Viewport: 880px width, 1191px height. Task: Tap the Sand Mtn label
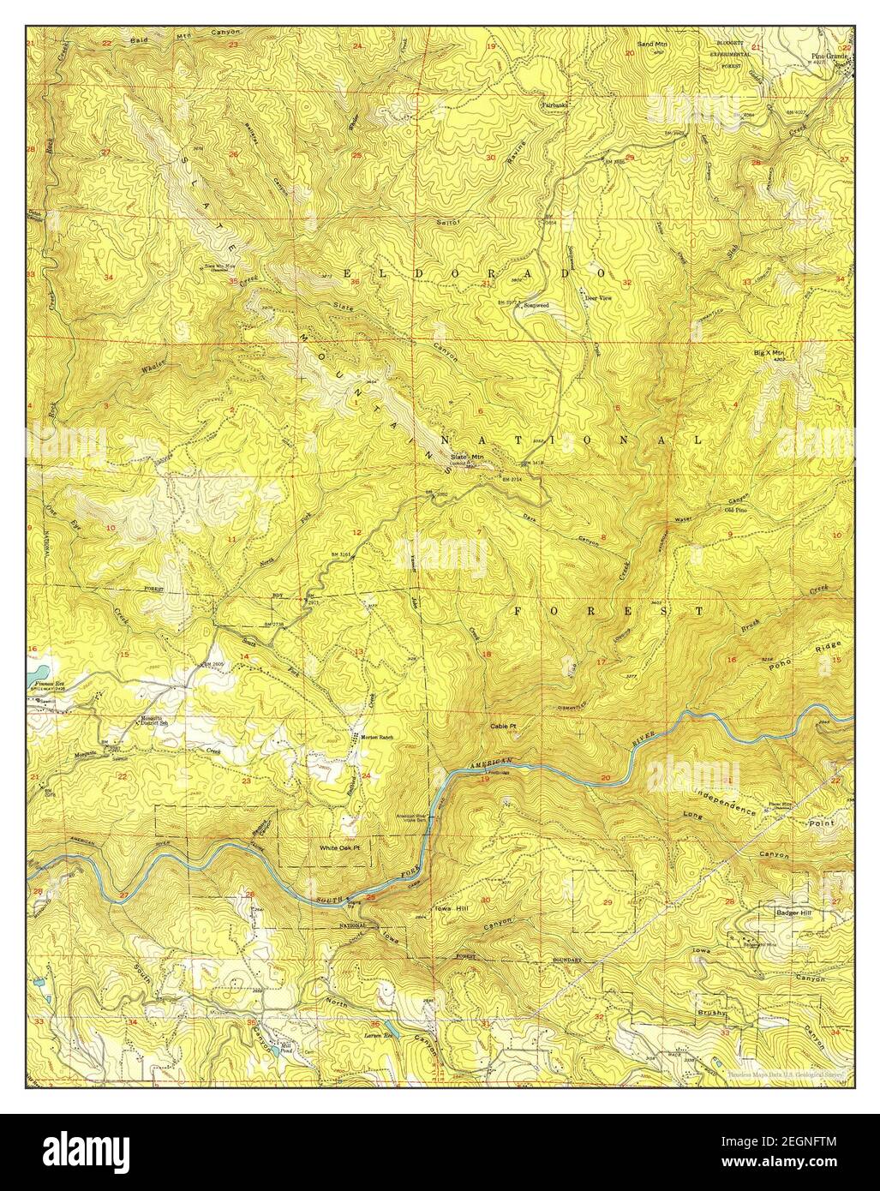(654, 41)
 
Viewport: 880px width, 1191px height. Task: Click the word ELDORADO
(467, 272)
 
